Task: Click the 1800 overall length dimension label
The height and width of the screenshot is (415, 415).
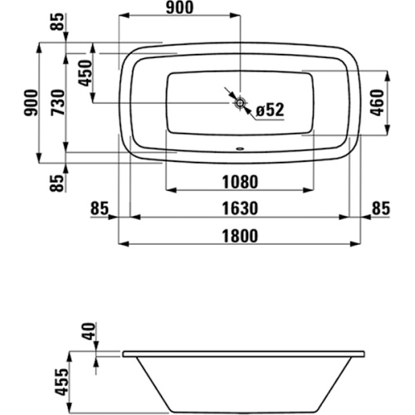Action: [x=240, y=236]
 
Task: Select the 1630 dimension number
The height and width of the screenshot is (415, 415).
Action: [x=240, y=208]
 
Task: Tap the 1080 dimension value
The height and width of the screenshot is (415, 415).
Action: [x=240, y=182]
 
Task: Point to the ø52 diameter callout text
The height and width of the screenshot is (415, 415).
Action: [x=270, y=110]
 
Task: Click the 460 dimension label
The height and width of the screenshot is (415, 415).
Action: [x=378, y=103]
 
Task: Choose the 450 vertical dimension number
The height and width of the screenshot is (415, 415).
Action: [x=85, y=73]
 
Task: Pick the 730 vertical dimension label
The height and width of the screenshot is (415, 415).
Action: [x=58, y=102]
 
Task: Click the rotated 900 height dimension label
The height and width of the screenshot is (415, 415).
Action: [x=31, y=103]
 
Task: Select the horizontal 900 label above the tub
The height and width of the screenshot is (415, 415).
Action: [x=180, y=7]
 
